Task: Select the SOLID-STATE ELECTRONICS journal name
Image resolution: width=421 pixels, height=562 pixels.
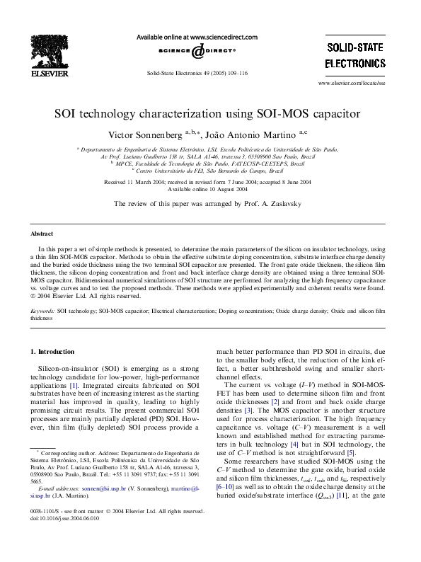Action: pos(355,55)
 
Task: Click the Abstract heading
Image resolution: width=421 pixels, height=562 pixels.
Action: pos(42,234)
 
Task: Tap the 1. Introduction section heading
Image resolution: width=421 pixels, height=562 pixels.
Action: pos(52,351)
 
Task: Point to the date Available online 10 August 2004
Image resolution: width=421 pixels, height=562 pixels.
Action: pos(207,190)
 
